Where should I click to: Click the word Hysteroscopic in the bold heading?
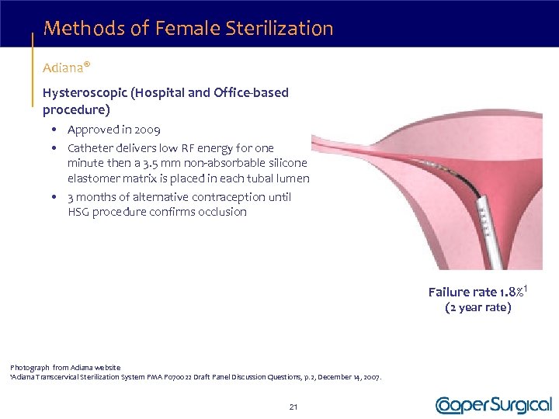pos(85,93)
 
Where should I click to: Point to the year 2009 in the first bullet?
pos(147,130)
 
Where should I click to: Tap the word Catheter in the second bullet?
pos(90,147)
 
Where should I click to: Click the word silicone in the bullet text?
pos(286,163)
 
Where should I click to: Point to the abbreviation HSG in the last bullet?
pos(78,212)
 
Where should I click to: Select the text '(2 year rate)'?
pos(477,307)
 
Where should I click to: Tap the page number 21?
pos(293,406)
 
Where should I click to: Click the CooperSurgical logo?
pos(494,404)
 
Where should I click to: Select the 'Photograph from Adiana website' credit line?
pos(65,367)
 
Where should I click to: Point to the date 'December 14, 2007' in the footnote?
pos(349,377)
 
